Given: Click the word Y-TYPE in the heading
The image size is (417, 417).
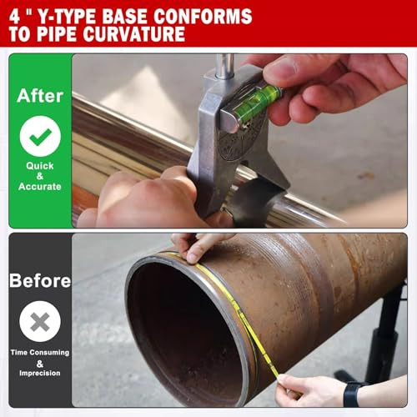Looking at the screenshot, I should click(x=73, y=16).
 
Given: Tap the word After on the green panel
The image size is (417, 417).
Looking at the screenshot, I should click(x=39, y=95).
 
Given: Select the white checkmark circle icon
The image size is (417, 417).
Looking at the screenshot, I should click(x=40, y=136).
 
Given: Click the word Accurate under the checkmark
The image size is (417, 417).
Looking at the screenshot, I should click(x=40, y=187).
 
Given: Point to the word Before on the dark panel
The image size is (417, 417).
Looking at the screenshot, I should click(x=40, y=281).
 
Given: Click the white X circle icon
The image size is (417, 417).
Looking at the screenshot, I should click(x=40, y=323).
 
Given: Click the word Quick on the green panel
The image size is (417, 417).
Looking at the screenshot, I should click(x=40, y=165).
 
